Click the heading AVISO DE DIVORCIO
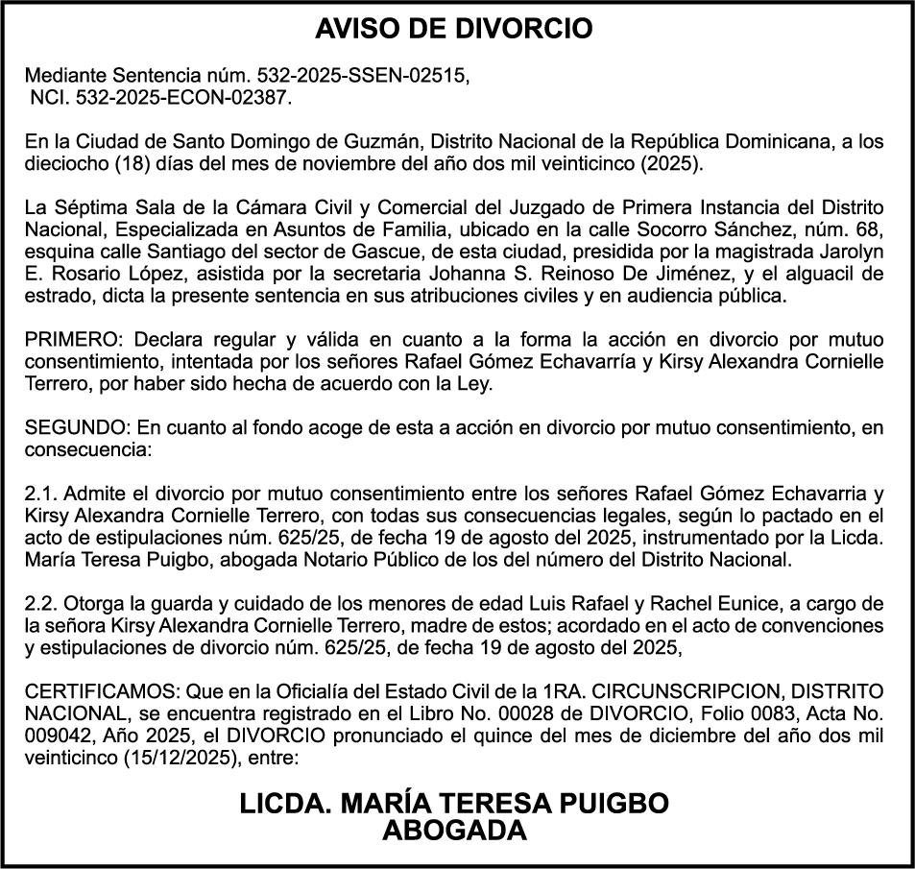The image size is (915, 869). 454,29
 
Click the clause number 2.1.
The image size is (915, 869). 41,495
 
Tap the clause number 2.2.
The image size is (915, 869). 41,605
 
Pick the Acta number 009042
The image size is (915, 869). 57,736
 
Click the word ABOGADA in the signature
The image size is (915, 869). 454,831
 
